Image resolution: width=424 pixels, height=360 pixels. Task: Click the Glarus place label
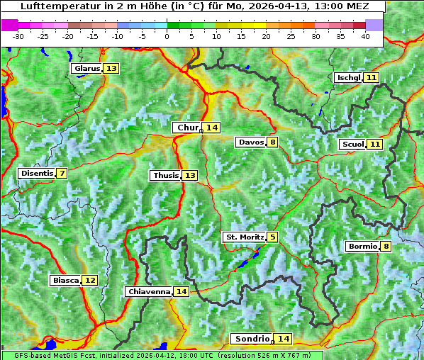87,69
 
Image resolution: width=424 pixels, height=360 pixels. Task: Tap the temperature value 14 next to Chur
213,128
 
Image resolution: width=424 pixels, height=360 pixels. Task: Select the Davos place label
251,142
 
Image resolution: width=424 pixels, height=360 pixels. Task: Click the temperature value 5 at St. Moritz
273,237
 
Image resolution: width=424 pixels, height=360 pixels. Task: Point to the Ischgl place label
348,77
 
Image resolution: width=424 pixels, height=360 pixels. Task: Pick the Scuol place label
353,144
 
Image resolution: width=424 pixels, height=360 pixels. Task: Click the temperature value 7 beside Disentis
62,173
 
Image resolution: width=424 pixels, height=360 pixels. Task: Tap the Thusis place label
165,175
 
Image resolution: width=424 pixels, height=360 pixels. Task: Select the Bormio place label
362,247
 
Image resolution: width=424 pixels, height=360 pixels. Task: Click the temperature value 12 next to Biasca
89,280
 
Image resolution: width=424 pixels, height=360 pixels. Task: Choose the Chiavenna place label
149,291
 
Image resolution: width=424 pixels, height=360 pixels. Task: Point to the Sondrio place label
252,339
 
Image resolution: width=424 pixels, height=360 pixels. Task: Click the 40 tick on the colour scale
365,36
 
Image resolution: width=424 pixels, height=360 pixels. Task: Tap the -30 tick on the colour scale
18,36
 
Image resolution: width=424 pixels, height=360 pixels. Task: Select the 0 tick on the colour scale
167,36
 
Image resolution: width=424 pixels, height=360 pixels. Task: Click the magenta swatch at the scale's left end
10,25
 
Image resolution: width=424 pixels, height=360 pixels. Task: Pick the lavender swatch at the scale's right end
374,25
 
